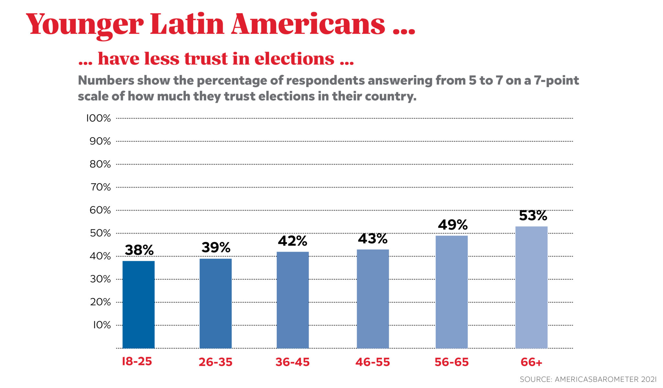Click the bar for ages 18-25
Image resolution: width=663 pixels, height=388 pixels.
point(139,305)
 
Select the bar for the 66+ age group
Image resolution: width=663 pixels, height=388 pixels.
point(531,287)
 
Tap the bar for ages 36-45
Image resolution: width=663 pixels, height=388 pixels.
point(293,300)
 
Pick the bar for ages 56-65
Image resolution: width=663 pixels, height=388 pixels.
point(452,292)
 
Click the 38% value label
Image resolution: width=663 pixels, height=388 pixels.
point(139,250)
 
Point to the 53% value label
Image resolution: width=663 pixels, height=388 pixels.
point(533,216)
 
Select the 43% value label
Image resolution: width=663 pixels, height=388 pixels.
point(373,239)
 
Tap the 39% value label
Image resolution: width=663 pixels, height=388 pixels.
point(216,248)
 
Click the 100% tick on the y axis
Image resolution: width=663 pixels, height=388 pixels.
point(98,118)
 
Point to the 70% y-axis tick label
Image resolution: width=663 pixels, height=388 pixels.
point(100,187)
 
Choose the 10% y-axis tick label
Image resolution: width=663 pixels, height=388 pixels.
point(102,325)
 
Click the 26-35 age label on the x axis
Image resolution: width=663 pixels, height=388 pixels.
point(216,362)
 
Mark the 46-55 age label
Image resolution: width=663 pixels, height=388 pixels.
point(373,362)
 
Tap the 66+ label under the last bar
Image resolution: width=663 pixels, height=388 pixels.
point(531,362)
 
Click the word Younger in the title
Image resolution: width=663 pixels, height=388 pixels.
point(85,25)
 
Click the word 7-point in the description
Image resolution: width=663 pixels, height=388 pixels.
point(556,81)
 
